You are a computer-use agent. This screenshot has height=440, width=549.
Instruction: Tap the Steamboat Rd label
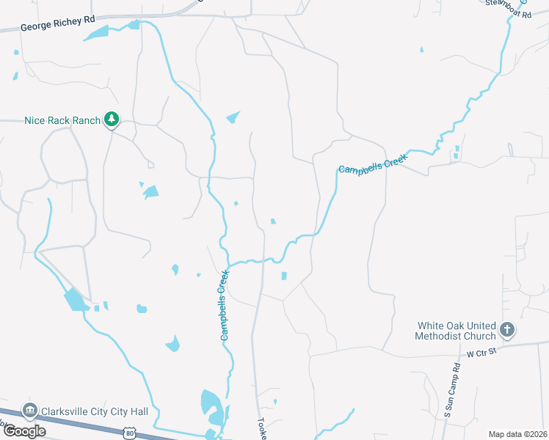tap(507, 14)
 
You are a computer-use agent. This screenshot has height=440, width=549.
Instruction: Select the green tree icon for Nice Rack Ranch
tap(112, 120)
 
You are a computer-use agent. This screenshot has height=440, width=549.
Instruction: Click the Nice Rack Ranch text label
tap(62, 120)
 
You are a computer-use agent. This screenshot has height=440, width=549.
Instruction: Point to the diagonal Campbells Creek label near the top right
tap(372, 162)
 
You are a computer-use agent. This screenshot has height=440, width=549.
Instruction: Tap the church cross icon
tap(507, 330)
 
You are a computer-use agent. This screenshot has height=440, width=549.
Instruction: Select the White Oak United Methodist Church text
tap(457, 331)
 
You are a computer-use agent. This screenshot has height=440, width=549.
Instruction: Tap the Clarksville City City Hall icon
tap(30, 411)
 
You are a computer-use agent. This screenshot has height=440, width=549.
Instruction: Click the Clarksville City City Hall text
tap(95, 411)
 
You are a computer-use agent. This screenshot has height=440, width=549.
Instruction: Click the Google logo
tap(24, 431)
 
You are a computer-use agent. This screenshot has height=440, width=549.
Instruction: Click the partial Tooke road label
tap(261, 428)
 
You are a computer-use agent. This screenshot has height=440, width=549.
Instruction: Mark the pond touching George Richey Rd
tap(134, 25)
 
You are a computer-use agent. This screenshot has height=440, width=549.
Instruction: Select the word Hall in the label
tap(137, 411)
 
